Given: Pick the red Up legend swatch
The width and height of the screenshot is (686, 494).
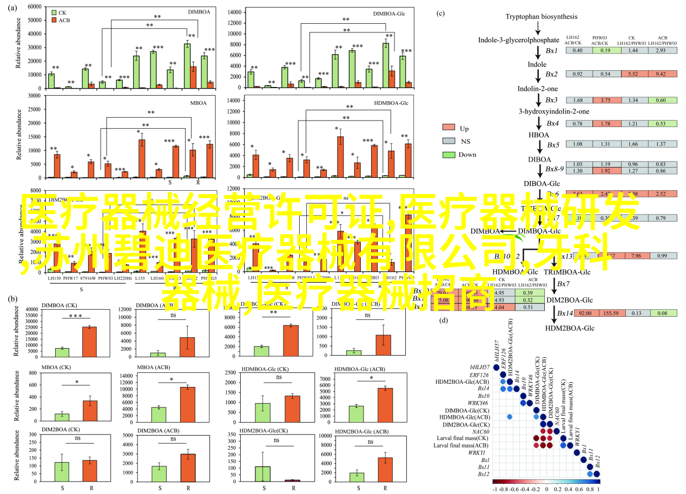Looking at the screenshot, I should pyautogui.click(x=448, y=128).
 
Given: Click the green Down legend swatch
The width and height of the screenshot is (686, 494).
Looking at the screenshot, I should pyautogui.click(x=448, y=155).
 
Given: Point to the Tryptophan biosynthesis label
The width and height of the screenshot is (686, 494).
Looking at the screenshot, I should pyautogui.click(x=534, y=17).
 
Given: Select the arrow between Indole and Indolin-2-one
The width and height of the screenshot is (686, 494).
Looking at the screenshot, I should pyautogui.click(x=538, y=76).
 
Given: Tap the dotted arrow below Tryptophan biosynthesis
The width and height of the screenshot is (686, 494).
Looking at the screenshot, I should pyautogui.click(x=538, y=27).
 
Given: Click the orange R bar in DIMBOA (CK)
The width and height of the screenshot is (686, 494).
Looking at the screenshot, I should pyautogui.click(x=89, y=342).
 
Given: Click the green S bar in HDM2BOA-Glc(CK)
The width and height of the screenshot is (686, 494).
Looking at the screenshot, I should pyautogui.click(x=262, y=473).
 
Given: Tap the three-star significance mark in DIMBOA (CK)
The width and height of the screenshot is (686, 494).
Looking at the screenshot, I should pyautogui.click(x=76, y=316).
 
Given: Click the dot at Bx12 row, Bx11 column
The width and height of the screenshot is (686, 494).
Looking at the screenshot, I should pyautogui.click(x=590, y=474).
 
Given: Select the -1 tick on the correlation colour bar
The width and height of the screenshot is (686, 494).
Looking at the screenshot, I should pyautogui.click(x=494, y=489).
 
